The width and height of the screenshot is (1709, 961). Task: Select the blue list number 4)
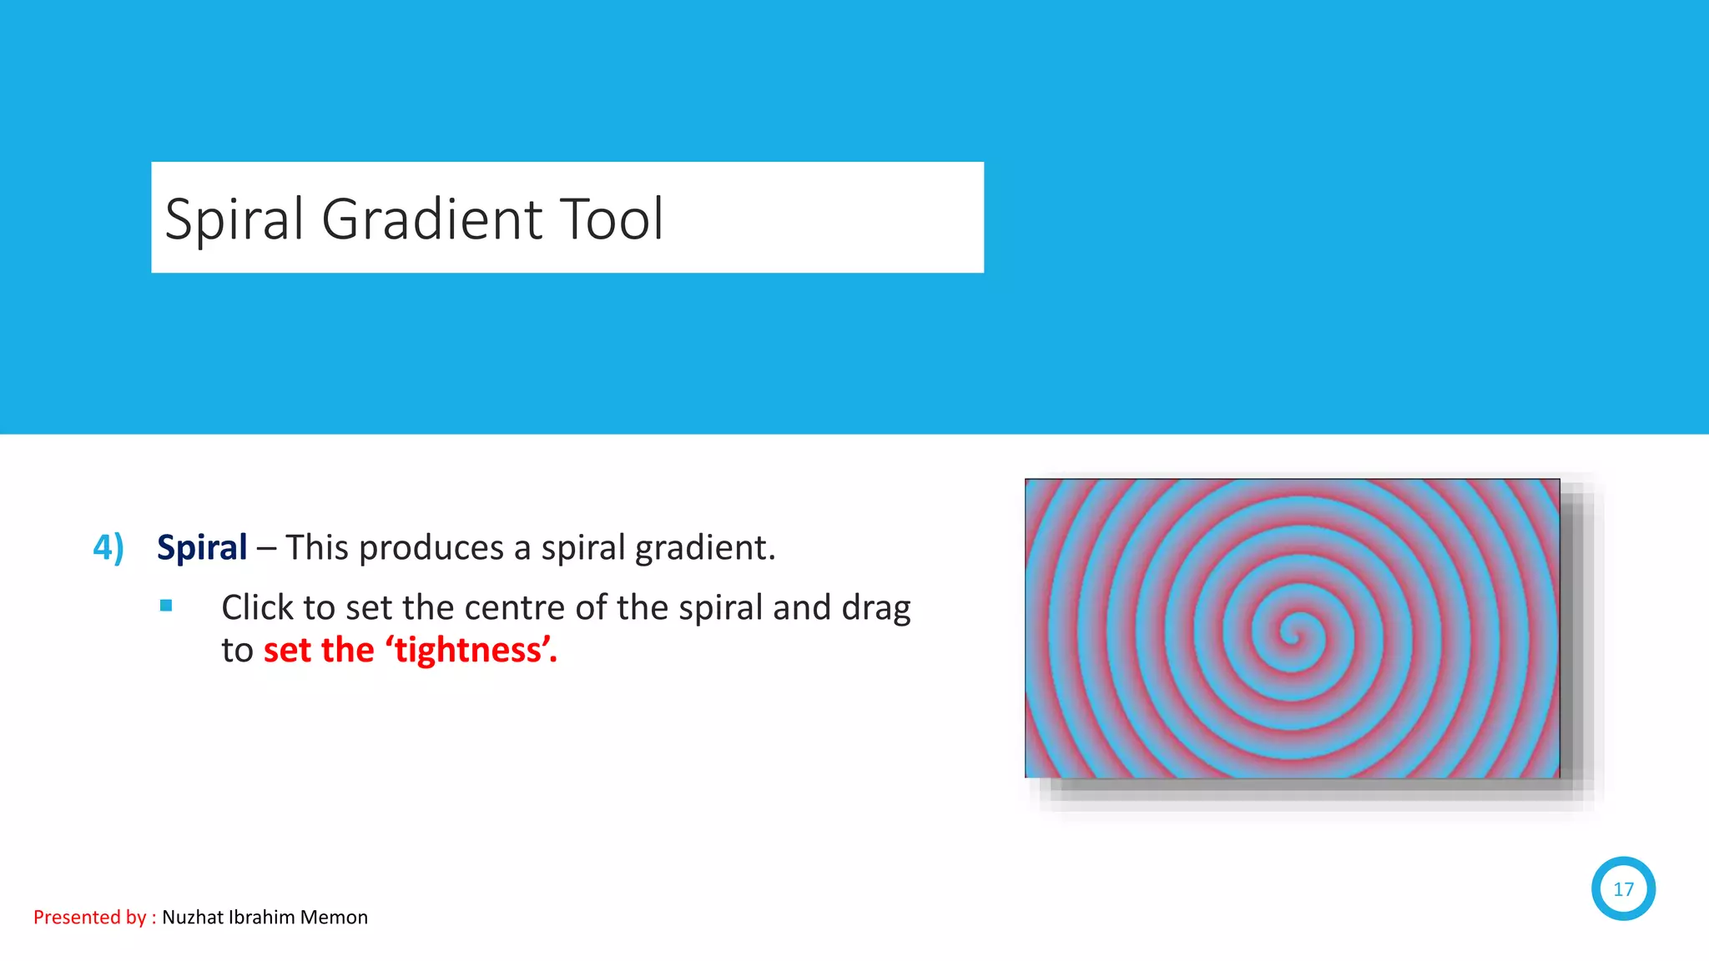point(108,548)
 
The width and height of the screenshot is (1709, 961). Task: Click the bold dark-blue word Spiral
point(202,548)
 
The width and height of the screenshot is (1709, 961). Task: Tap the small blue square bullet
point(166,606)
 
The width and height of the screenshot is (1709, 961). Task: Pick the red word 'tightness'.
point(470,651)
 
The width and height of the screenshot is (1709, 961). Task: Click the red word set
point(287,651)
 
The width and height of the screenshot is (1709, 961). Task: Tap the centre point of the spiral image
point(1293,631)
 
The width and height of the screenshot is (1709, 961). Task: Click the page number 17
point(1623,889)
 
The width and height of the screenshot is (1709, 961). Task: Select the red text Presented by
point(90,918)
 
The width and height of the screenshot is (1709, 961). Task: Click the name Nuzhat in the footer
point(193,918)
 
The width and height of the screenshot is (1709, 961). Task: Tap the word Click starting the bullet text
point(258,608)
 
